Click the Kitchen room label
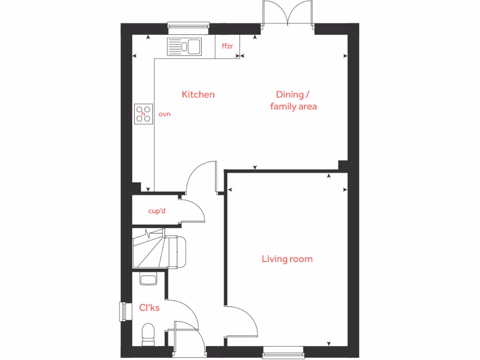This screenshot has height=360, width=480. coord(198,95)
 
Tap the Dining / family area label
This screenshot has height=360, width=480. coord(293,100)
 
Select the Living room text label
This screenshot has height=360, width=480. coord(287,259)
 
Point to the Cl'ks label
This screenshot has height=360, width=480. coord(150,308)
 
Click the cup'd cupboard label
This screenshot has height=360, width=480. coord(157,211)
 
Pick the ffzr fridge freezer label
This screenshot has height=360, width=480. coord(227,46)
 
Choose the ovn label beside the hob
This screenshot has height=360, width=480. coord(164,114)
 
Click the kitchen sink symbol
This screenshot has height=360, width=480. coord(184,47)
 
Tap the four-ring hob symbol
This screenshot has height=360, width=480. coord(144,113)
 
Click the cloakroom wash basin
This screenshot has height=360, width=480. coord(148,280)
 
